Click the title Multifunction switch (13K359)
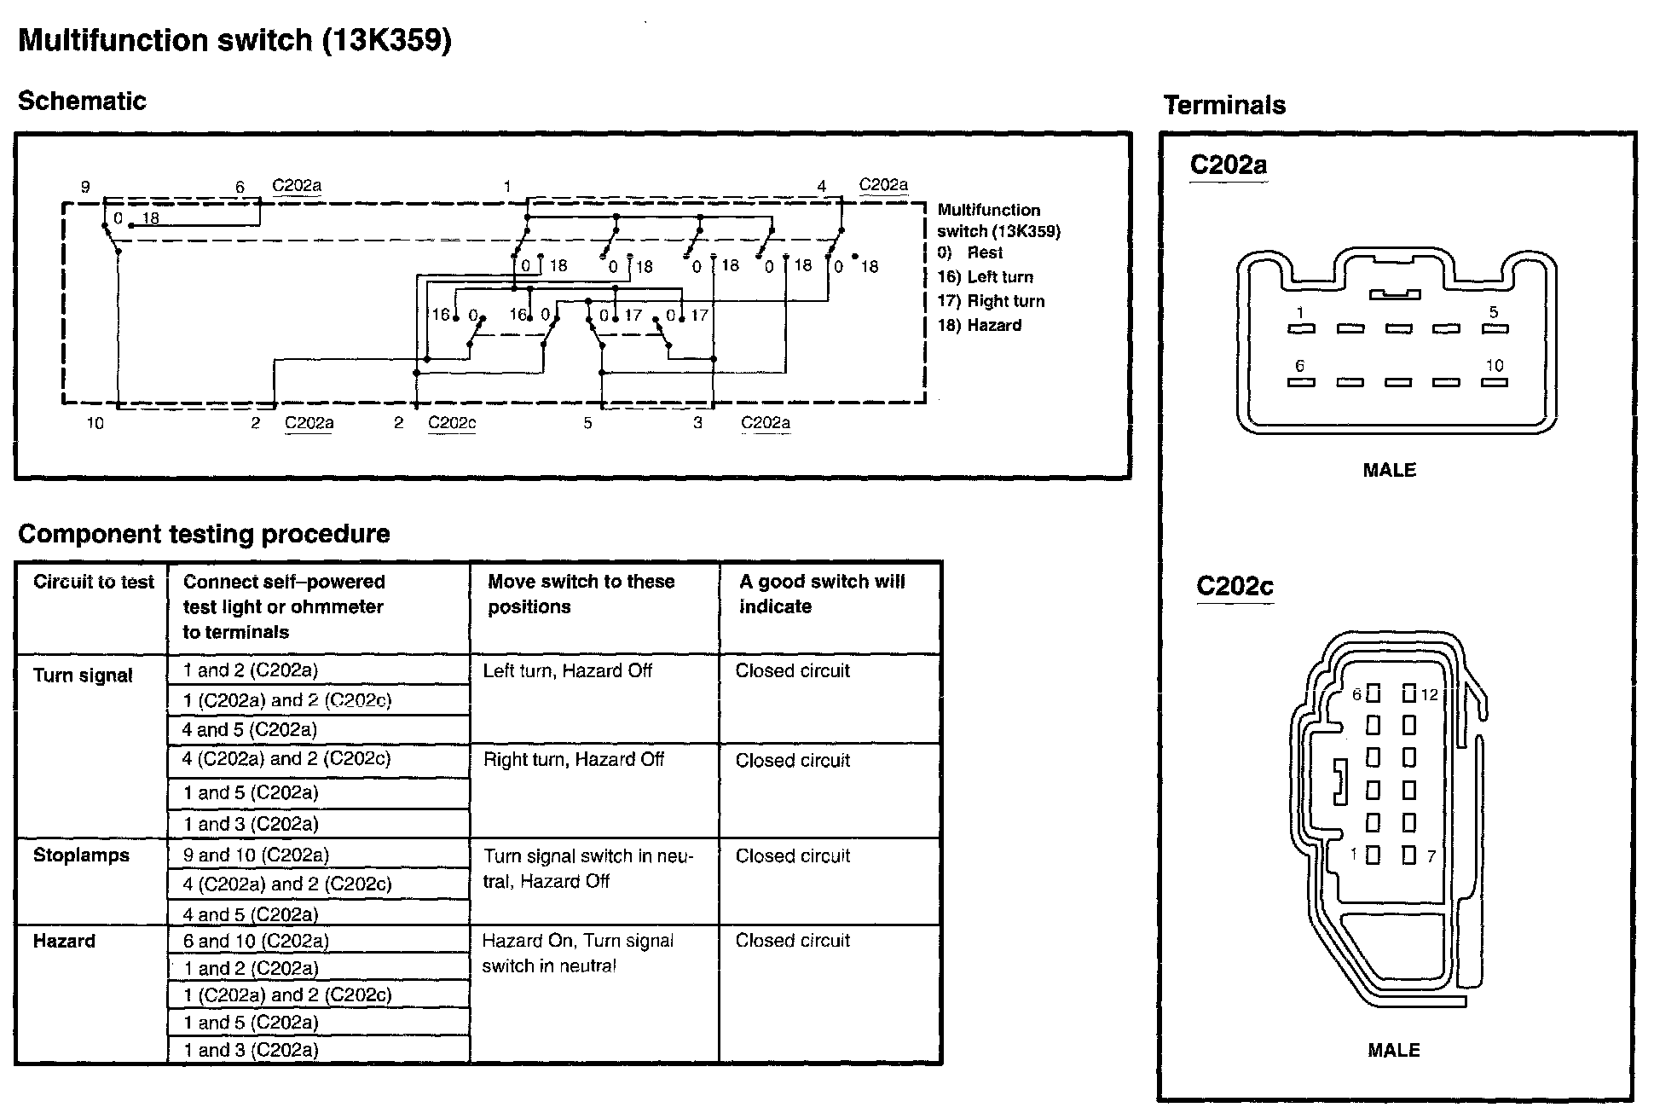pyautogui.click(x=234, y=40)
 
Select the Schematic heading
pyautogui.click(x=82, y=101)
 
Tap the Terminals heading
pyautogui.click(x=1224, y=105)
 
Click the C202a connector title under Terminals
pyautogui.click(x=1228, y=164)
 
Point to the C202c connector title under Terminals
pyautogui.click(x=1235, y=586)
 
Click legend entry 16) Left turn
pyautogui.click(x=985, y=277)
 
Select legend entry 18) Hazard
pyautogui.click(x=979, y=325)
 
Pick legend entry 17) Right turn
pyautogui.click(x=990, y=301)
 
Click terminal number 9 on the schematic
pyautogui.click(x=85, y=187)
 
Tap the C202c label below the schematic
pyautogui.click(x=452, y=422)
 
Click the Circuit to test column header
pyautogui.click(x=93, y=582)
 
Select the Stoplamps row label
pyautogui.click(x=81, y=855)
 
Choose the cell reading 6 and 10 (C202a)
pyautogui.click(x=256, y=941)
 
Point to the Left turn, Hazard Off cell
pyautogui.click(x=567, y=671)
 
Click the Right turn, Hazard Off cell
pyautogui.click(x=573, y=760)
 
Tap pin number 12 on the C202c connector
pyautogui.click(x=1430, y=695)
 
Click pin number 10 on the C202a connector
pyautogui.click(x=1495, y=366)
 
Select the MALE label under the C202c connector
pyautogui.click(x=1394, y=1050)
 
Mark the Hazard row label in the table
pyautogui.click(x=64, y=942)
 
